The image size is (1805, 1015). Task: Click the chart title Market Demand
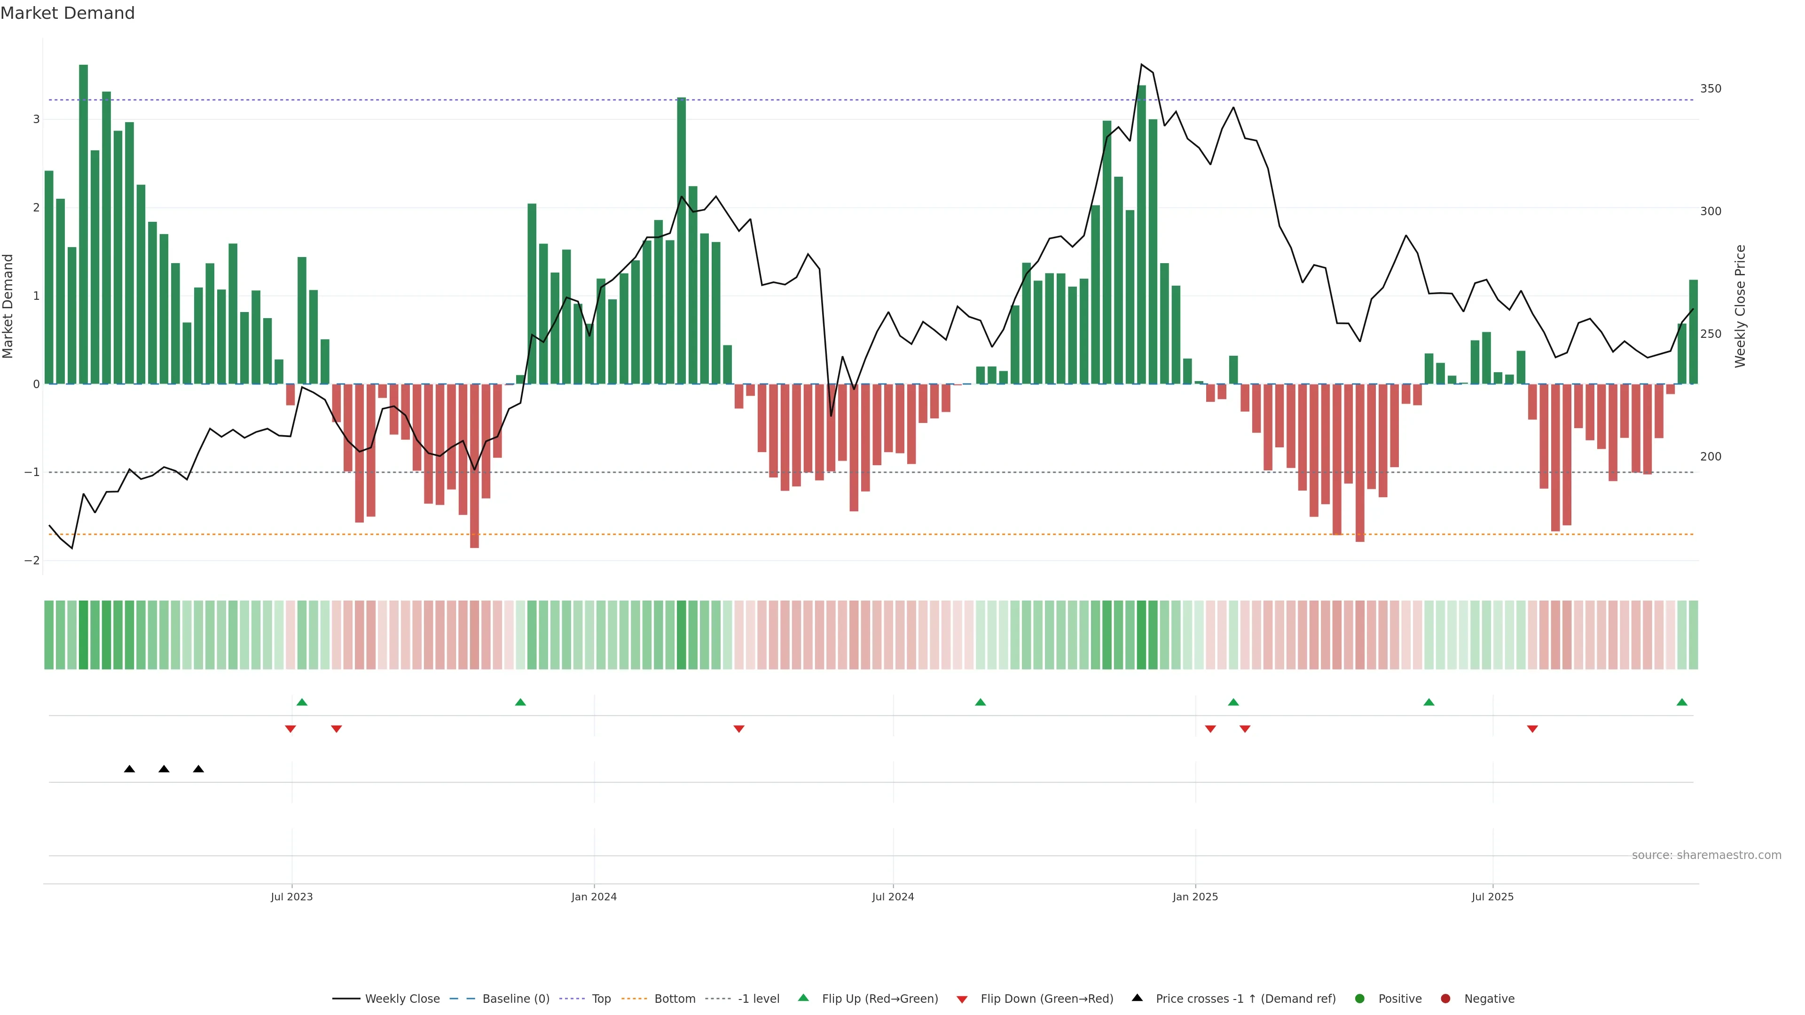pyautogui.click(x=67, y=13)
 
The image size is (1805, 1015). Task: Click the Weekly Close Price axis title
pyautogui.click(x=1740, y=306)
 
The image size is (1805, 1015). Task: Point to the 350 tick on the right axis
pyautogui.click(x=1711, y=89)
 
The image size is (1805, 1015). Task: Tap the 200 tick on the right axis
pyautogui.click(x=1711, y=457)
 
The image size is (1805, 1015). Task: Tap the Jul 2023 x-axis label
pyautogui.click(x=291, y=897)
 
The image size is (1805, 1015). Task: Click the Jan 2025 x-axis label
pyautogui.click(x=1195, y=897)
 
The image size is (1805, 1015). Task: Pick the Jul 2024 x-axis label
pyautogui.click(x=893, y=897)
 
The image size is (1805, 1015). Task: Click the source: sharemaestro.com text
pyautogui.click(x=1706, y=855)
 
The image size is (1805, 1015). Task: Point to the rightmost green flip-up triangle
pyautogui.click(x=1682, y=702)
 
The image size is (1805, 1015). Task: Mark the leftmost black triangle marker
pyautogui.click(x=130, y=769)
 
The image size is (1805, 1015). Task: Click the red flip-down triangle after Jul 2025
pyautogui.click(x=1532, y=729)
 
